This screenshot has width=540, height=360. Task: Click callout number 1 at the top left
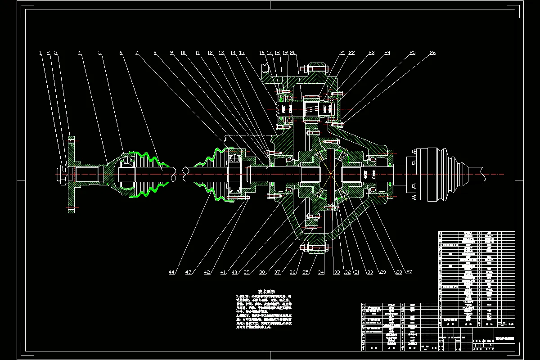point(40,53)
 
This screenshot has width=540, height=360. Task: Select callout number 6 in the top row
point(121,53)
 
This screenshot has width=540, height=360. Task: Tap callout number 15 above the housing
point(242,53)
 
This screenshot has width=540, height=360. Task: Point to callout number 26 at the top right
point(432,53)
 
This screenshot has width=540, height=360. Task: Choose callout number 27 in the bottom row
point(409,272)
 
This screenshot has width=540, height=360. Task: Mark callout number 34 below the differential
point(321,272)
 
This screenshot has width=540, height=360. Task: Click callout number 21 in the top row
point(343,53)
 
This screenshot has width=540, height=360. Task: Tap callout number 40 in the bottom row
point(234,272)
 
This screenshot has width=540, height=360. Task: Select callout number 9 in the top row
point(171,53)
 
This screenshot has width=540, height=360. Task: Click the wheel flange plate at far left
point(71,173)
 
